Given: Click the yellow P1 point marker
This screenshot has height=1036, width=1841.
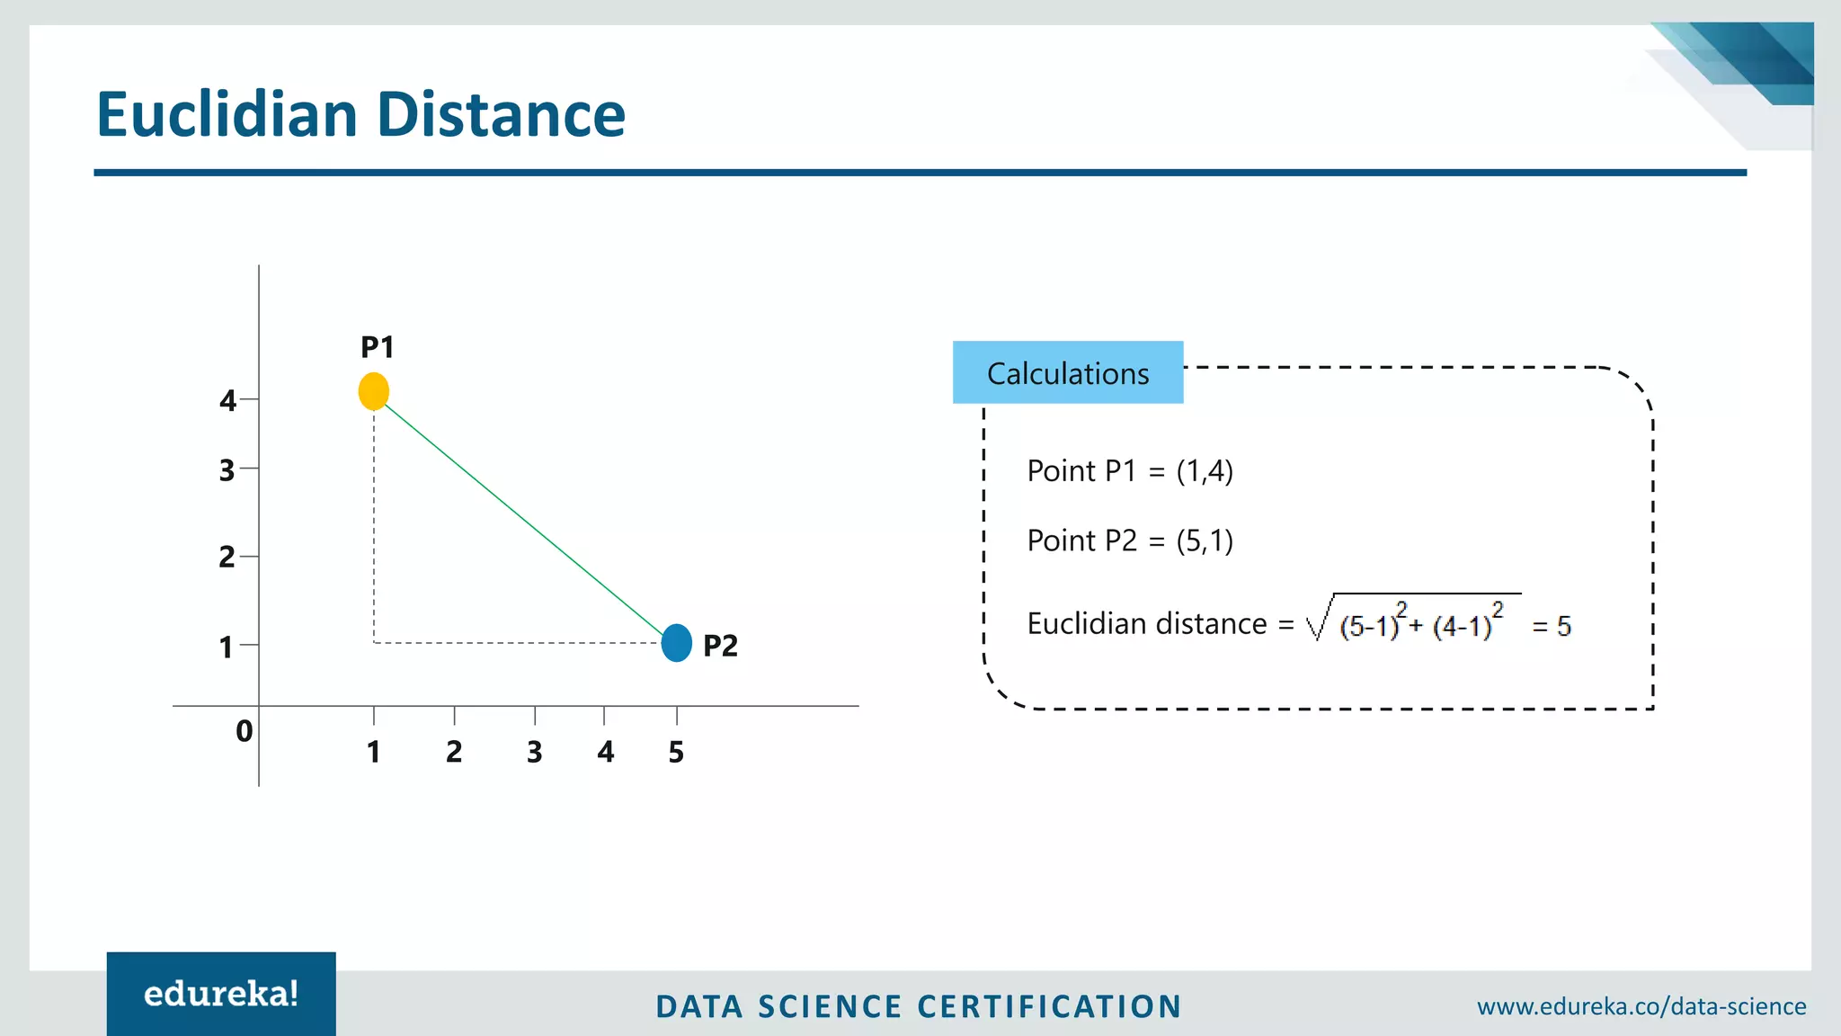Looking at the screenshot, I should (374, 391).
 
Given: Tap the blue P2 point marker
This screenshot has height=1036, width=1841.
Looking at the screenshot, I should (676, 643).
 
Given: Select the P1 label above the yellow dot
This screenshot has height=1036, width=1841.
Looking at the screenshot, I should (378, 347).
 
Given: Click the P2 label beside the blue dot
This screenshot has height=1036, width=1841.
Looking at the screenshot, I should (720, 646).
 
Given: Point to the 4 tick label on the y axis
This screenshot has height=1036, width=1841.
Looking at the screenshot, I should (227, 400).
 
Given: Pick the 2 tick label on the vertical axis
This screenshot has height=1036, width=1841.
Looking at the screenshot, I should (227, 558).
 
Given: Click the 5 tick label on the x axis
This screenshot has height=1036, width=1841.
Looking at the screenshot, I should (676, 752).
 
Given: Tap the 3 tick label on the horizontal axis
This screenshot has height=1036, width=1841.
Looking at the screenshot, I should (535, 752).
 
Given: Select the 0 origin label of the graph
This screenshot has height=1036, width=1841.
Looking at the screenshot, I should (244, 731).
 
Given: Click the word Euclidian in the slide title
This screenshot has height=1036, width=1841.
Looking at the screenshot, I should (227, 115).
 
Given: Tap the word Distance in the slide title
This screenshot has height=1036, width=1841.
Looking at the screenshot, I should (501, 115).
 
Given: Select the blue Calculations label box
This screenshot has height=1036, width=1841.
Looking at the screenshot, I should (1068, 372).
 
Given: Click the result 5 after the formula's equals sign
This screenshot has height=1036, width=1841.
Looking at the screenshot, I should (1564, 626).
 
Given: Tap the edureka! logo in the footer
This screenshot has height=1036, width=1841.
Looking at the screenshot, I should (221, 994).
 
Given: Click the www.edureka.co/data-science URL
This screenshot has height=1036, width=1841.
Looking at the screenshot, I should (1641, 1006).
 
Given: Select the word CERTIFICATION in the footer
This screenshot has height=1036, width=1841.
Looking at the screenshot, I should (1050, 1006).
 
